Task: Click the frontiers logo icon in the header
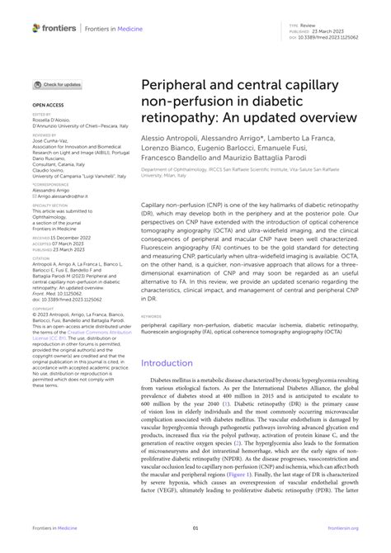37,27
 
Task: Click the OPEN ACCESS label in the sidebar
48,106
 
